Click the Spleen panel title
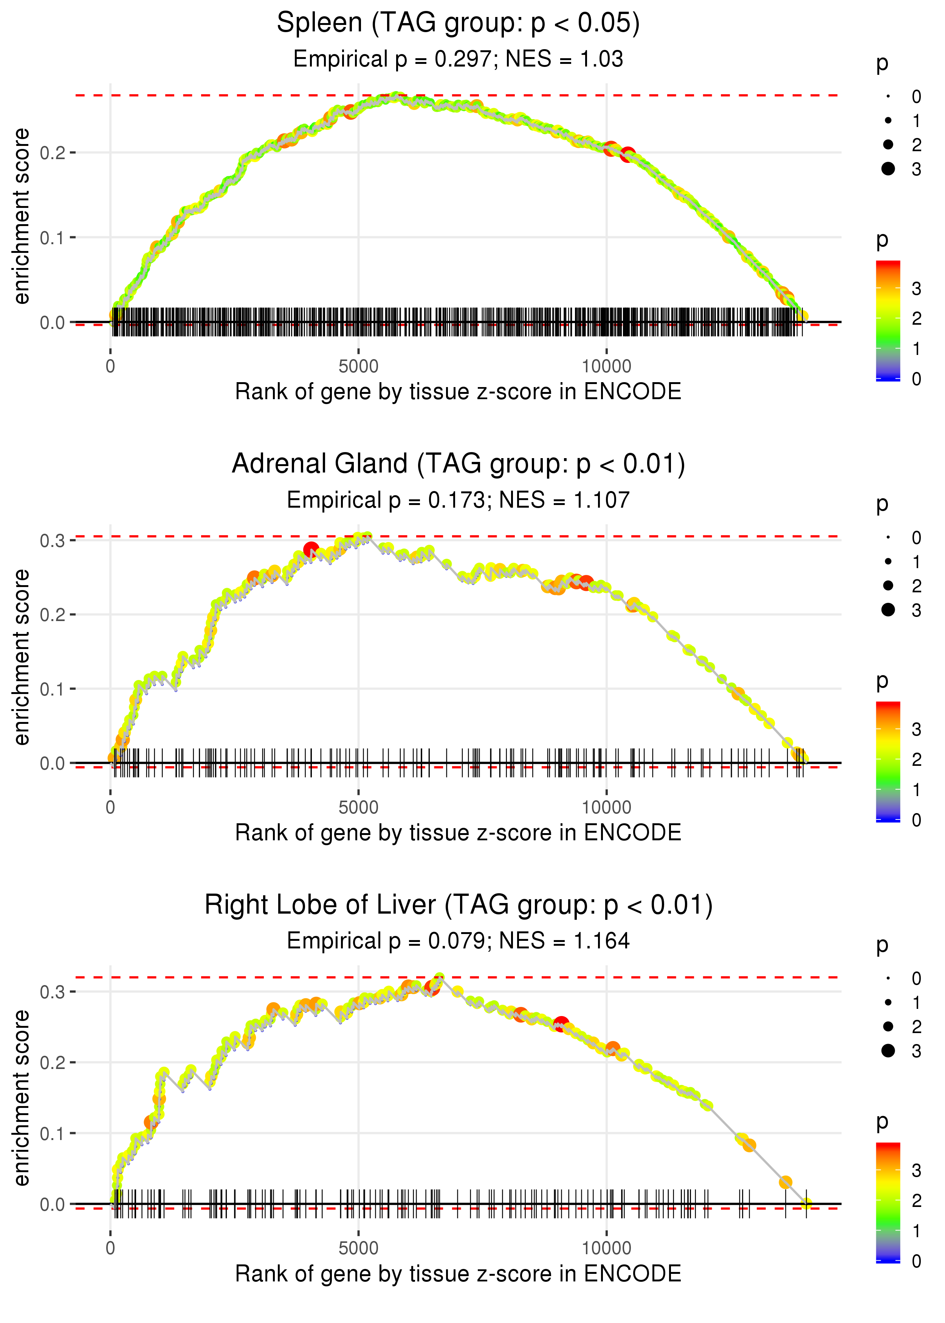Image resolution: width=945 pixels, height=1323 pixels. click(x=458, y=23)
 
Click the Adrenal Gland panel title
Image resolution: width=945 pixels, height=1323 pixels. click(x=458, y=464)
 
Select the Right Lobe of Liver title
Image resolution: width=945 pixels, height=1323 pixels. click(x=458, y=905)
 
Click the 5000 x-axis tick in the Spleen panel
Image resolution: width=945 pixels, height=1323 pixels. click(x=358, y=367)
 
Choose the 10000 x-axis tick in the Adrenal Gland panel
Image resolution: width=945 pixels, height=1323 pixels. click(x=606, y=807)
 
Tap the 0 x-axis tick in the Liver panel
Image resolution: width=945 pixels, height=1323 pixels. click(x=110, y=1249)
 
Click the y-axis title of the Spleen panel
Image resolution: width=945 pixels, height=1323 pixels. click(x=22, y=217)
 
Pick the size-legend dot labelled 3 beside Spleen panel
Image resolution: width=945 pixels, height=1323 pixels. click(x=888, y=169)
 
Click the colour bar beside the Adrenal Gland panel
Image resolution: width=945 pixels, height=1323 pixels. click(x=888, y=761)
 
